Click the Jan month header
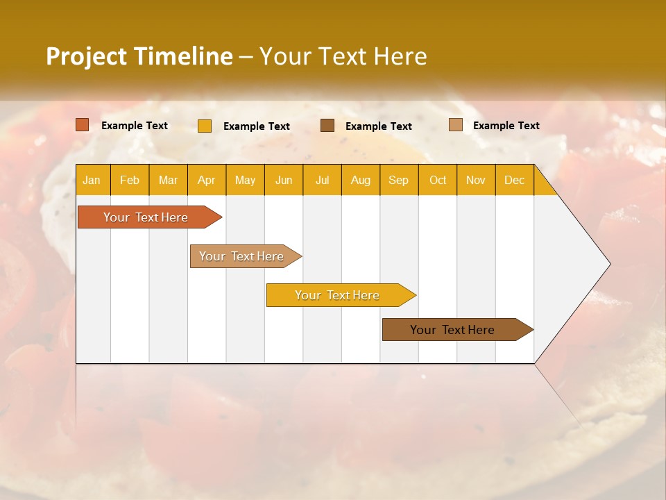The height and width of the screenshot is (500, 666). [92, 180]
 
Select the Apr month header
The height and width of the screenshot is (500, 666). [207, 180]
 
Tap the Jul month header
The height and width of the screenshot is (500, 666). [322, 180]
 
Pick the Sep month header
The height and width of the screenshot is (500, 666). [399, 180]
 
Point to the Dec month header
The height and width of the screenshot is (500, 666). [514, 180]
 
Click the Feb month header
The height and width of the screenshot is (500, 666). [130, 180]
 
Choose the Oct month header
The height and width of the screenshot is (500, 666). [438, 180]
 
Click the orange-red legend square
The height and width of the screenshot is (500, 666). [83, 125]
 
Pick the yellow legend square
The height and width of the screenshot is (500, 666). [205, 126]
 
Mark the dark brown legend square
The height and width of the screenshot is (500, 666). [327, 126]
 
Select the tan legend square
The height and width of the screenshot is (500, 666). [455, 125]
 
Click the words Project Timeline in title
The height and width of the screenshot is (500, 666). [139, 56]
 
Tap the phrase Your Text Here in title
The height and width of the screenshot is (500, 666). [343, 56]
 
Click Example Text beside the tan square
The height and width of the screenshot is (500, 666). [506, 126]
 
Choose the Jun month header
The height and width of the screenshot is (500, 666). [284, 180]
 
